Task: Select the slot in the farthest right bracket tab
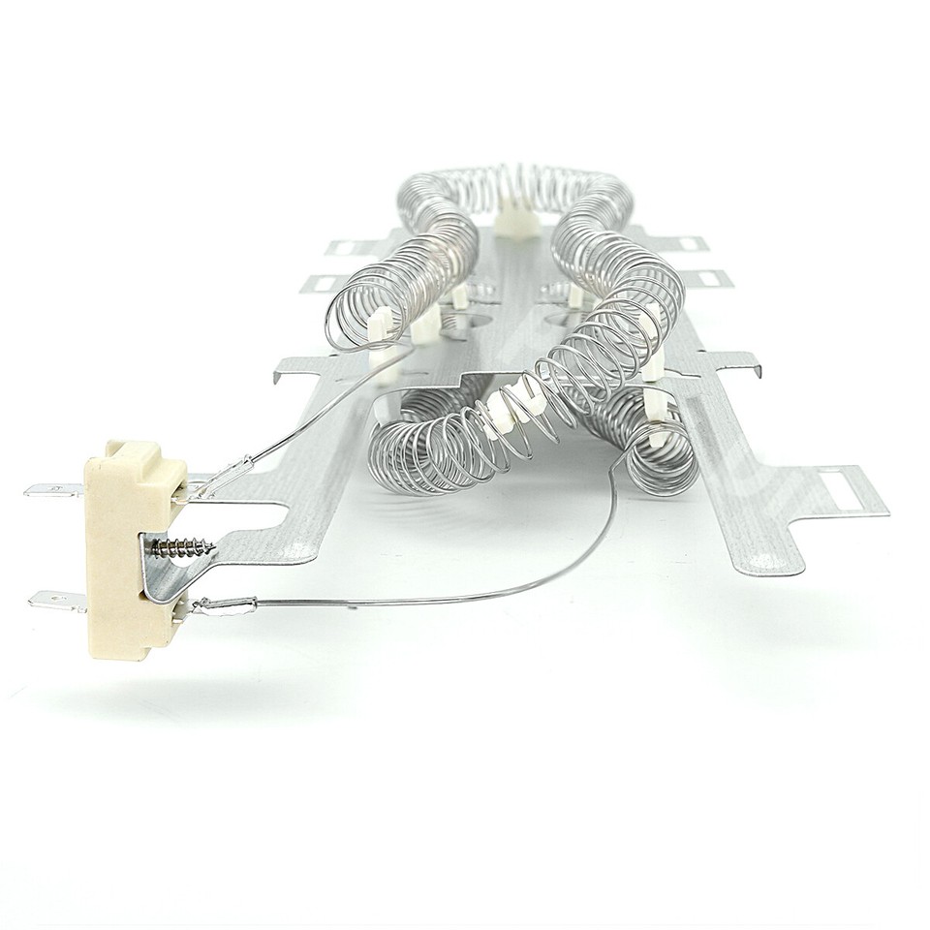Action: click(688, 243)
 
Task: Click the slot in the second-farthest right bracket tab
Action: click(712, 280)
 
